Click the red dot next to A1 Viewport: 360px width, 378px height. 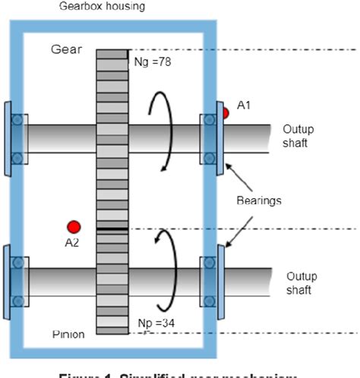tap(224, 114)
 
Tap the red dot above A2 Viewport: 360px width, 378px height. tap(74, 226)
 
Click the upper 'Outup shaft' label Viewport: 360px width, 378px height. tap(301, 136)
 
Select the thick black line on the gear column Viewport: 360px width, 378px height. tap(111, 228)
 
